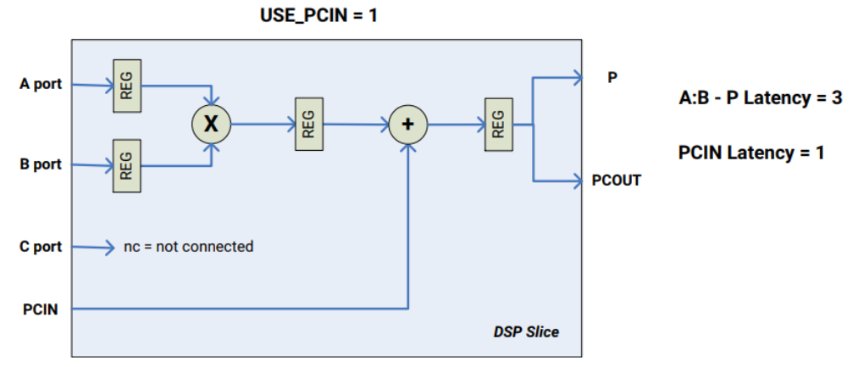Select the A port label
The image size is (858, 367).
pyautogui.click(x=42, y=85)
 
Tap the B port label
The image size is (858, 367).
pyautogui.click(x=42, y=164)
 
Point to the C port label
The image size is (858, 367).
pyautogui.click(x=42, y=247)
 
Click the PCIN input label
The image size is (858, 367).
pyautogui.click(x=41, y=309)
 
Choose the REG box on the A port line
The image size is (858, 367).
pyautogui.click(x=126, y=85)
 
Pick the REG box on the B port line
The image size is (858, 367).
pyautogui.click(x=126, y=164)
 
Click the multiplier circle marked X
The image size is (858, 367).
pyautogui.click(x=211, y=124)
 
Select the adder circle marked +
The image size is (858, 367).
pyautogui.click(x=408, y=124)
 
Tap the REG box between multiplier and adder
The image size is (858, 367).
pyautogui.click(x=308, y=124)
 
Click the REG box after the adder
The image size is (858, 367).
pyautogui.click(x=498, y=124)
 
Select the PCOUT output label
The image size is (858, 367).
pyautogui.click(x=617, y=181)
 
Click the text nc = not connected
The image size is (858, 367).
pyautogui.click(x=188, y=247)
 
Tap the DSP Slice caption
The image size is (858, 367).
pyautogui.click(x=526, y=331)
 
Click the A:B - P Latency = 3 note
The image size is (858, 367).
pyautogui.click(x=760, y=97)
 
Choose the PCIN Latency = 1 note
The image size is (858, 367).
pyautogui.click(x=751, y=153)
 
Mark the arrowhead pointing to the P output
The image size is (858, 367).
pyautogui.click(x=578, y=78)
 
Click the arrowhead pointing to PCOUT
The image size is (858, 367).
pyautogui.click(x=578, y=180)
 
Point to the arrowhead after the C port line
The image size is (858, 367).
pyautogui.click(x=108, y=247)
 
